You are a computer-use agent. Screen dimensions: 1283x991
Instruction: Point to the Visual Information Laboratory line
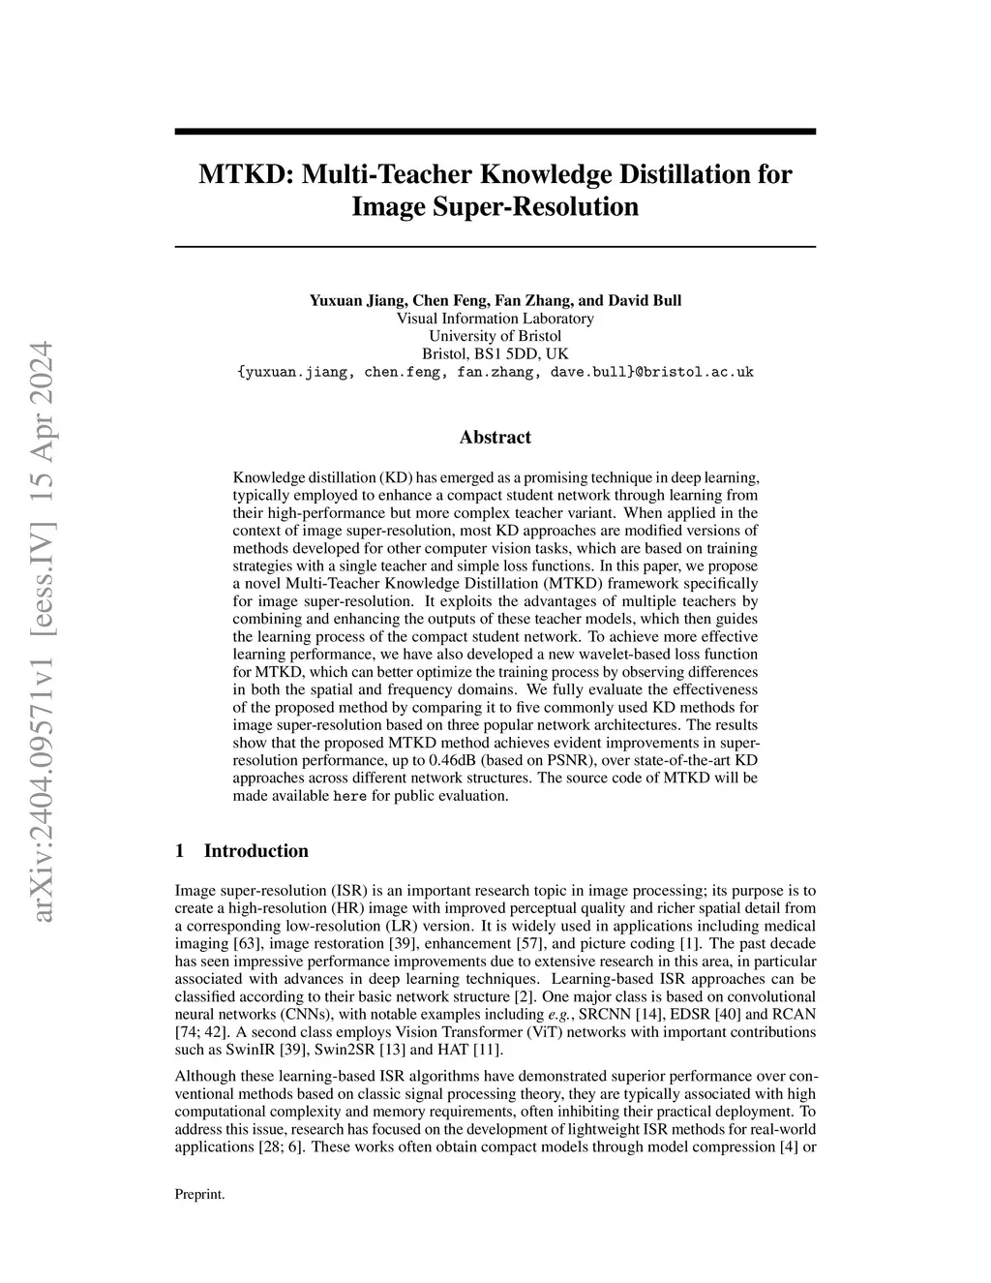tap(495, 319)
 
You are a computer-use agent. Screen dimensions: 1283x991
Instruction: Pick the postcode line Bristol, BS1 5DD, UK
tap(495, 353)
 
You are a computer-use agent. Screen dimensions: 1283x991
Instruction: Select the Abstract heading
tap(495, 438)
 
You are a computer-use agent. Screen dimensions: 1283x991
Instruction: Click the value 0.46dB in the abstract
tap(460, 760)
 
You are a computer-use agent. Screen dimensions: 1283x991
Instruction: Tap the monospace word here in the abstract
tap(350, 796)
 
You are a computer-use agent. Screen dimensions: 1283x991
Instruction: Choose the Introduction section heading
tap(256, 852)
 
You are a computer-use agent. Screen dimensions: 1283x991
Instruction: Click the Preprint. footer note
tap(199, 1195)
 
